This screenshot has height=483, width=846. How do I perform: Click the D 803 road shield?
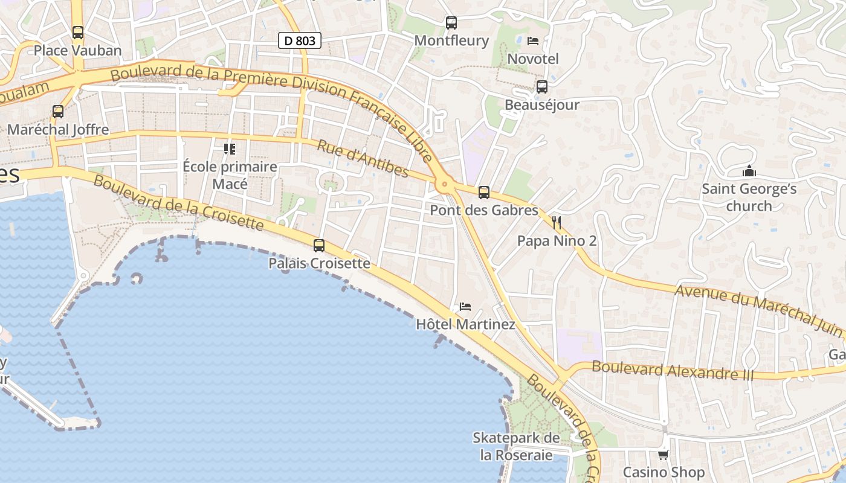tap(299, 40)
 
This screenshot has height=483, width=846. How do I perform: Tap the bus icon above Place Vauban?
tap(78, 32)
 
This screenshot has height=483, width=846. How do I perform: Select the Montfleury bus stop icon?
tap(451, 23)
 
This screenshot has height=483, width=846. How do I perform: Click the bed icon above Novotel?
tap(533, 41)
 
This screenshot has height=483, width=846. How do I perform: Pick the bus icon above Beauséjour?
tap(542, 87)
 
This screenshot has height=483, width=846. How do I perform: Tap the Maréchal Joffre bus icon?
tap(58, 112)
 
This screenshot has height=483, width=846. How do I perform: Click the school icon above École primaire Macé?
tap(230, 149)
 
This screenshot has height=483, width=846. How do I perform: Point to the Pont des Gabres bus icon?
tap(484, 193)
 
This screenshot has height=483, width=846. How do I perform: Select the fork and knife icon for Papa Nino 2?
tap(557, 223)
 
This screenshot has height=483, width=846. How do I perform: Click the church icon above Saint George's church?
tap(749, 171)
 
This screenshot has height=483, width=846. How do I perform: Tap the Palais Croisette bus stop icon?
tap(319, 246)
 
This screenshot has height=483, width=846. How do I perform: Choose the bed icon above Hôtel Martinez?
tap(465, 307)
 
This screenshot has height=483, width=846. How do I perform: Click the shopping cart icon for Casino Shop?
tap(664, 455)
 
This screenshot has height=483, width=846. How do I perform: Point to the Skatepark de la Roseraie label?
tap(517, 446)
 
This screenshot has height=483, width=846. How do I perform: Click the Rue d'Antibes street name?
tap(363, 159)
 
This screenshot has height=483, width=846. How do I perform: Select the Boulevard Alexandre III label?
tap(673, 370)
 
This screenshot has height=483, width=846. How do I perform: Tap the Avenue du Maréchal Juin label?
tap(758, 310)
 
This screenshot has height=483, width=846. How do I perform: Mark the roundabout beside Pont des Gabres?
tap(445, 185)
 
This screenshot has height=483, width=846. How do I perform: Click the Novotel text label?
tap(533, 59)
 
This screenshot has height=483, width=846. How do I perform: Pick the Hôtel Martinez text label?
tap(465, 325)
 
